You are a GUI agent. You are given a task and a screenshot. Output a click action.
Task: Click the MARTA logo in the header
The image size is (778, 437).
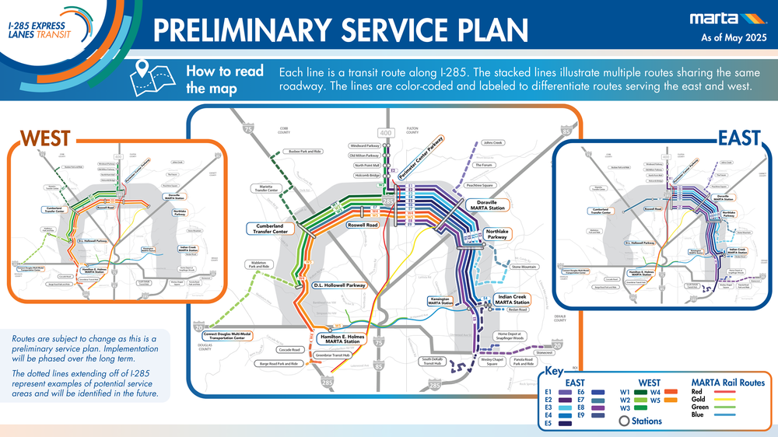(x=723, y=19)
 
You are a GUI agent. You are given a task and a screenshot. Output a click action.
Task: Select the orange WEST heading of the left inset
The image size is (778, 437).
(x=45, y=138)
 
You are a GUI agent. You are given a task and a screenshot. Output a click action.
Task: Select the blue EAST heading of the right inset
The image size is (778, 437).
(x=738, y=138)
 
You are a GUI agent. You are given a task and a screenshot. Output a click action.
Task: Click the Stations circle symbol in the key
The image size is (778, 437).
(x=624, y=421)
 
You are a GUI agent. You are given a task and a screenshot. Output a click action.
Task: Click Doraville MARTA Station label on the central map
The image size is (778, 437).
(x=486, y=205)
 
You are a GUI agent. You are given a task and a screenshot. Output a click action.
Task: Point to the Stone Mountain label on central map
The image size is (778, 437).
(x=524, y=267)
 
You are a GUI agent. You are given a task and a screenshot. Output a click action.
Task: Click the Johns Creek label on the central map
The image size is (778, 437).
(x=492, y=143)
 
